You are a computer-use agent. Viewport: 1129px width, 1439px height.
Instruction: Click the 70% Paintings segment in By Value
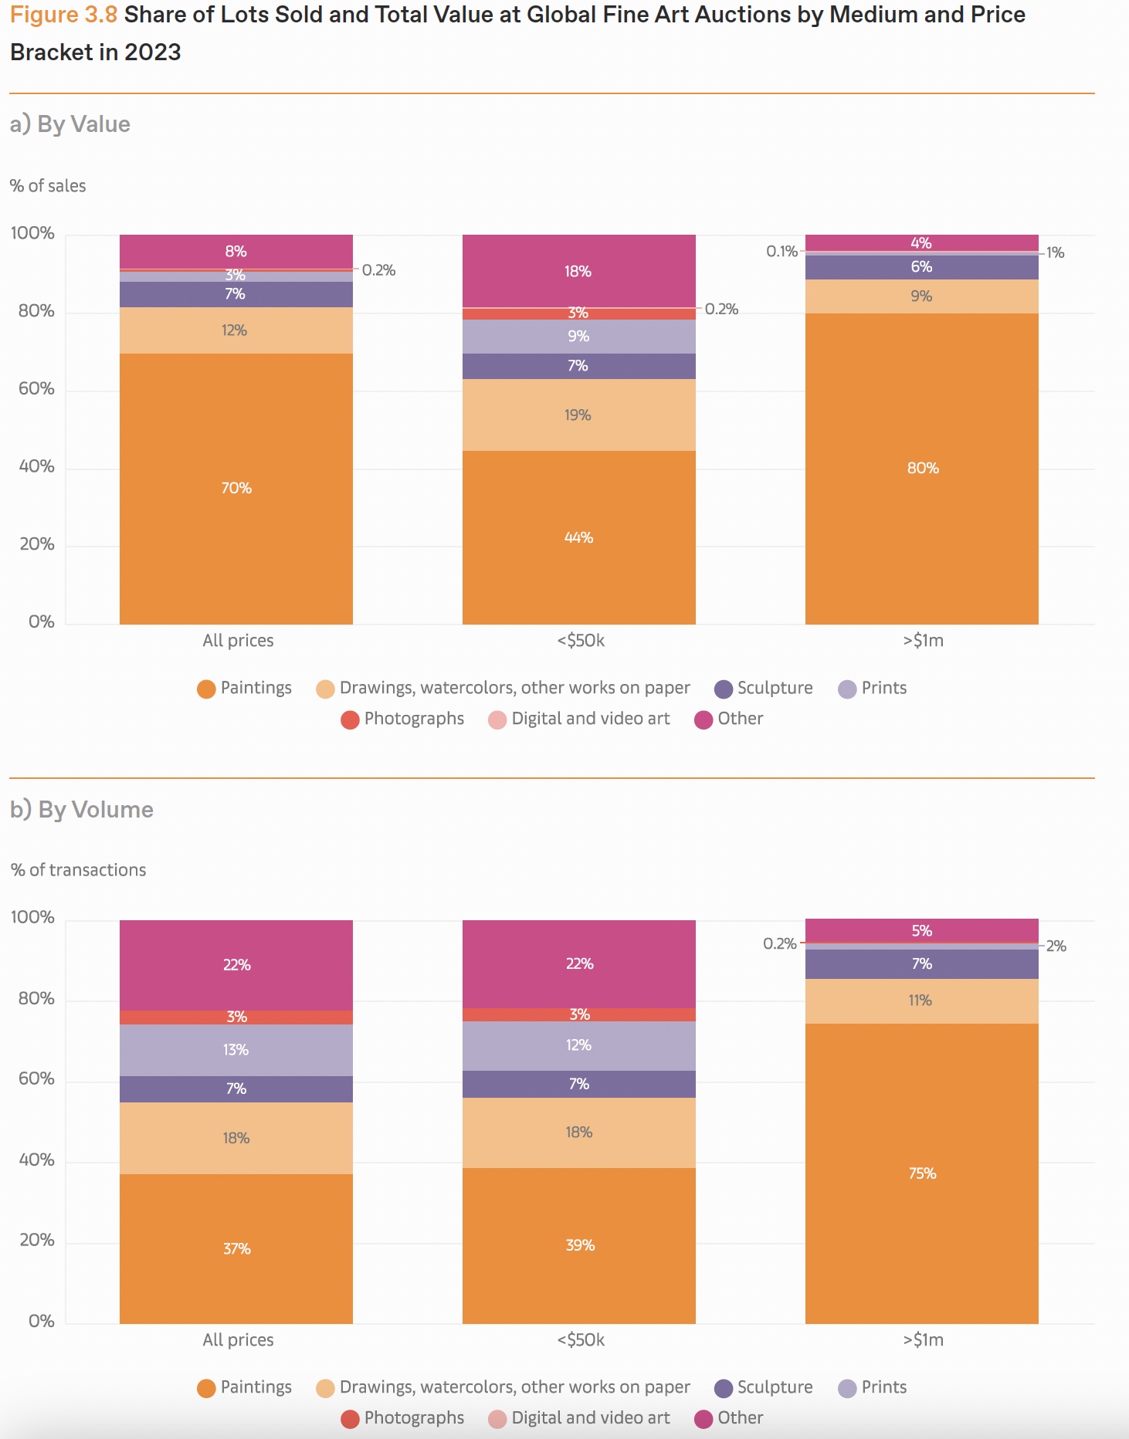click(236, 488)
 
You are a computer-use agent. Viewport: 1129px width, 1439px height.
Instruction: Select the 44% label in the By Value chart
click(578, 537)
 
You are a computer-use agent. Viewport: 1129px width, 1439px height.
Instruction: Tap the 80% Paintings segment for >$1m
click(922, 468)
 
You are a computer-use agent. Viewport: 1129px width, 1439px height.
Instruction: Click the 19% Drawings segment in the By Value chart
click(578, 415)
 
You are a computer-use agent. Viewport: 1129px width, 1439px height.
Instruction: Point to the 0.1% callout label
click(781, 251)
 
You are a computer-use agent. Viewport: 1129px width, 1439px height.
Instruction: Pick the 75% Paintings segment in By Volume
click(922, 1173)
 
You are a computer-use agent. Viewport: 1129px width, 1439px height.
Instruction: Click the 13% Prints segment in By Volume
click(236, 1050)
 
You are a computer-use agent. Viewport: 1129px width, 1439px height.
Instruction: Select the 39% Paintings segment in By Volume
click(579, 1245)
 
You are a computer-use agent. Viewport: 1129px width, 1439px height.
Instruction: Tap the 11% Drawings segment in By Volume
click(920, 1001)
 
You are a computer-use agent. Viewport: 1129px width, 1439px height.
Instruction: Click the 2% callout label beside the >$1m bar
click(1056, 946)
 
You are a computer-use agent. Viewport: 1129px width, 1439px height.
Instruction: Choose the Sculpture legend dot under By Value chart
click(724, 689)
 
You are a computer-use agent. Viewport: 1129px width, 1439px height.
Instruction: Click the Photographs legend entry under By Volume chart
click(403, 1418)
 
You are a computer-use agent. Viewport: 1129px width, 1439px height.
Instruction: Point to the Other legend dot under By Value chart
click(704, 719)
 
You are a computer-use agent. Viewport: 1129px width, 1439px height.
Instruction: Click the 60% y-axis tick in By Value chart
click(36, 388)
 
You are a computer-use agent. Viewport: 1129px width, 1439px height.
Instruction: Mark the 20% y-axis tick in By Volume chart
click(36, 1240)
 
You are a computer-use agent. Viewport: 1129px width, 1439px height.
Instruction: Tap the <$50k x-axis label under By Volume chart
click(581, 1339)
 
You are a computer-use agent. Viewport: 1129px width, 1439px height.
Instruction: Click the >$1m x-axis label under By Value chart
click(923, 640)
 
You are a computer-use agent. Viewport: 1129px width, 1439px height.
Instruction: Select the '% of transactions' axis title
click(78, 870)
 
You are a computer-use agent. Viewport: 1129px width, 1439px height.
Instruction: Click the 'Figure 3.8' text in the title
click(63, 15)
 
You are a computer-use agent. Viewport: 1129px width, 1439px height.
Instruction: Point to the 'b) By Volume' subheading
click(82, 809)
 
